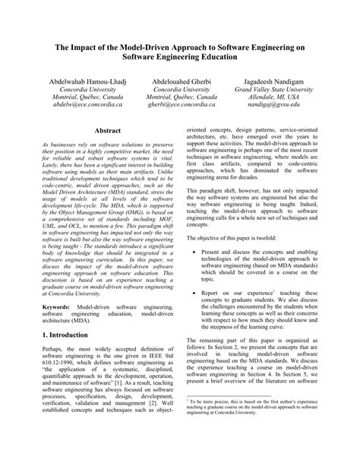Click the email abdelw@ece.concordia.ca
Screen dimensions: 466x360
pos(71,106)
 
